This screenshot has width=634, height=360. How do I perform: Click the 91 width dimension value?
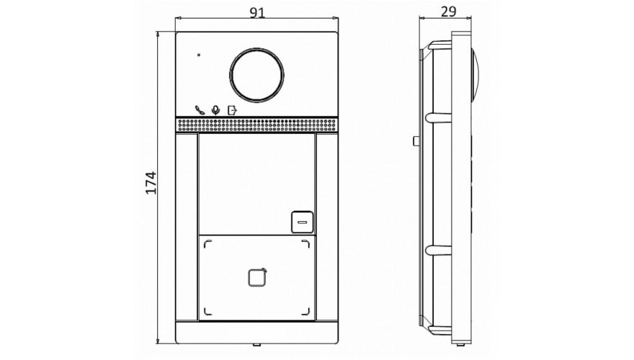click(x=257, y=12)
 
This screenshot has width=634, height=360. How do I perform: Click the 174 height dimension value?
click(x=151, y=183)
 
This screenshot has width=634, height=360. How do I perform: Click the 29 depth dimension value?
click(x=448, y=12)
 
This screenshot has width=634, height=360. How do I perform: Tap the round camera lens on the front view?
click(x=256, y=75)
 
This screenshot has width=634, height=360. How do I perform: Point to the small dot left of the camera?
click(x=199, y=55)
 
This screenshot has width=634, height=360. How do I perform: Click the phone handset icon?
click(x=200, y=110)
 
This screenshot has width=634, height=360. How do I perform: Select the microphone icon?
click(x=216, y=110)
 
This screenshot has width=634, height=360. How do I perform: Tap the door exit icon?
click(x=232, y=110)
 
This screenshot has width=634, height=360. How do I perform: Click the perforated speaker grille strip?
click(x=256, y=125)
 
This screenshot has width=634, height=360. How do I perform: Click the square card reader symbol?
click(x=257, y=277)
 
